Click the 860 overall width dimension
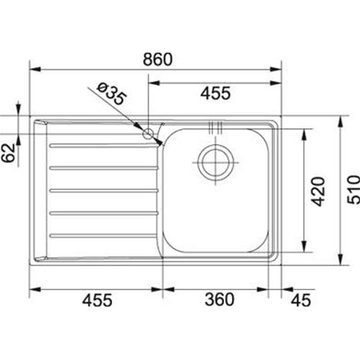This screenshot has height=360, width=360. pyautogui.click(x=158, y=59)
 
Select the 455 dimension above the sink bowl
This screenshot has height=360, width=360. pyautogui.click(x=215, y=93)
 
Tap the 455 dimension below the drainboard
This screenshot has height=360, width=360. pyautogui.click(x=97, y=300)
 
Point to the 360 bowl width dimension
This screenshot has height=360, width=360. pyautogui.click(x=220, y=300)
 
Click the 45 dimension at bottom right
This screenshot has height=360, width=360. pyautogui.click(x=301, y=300)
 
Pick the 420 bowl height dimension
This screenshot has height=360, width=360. pyautogui.click(x=318, y=192)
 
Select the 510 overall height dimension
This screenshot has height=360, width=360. pyautogui.click(x=354, y=189)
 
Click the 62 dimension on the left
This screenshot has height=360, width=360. pyautogui.click(x=8, y=153)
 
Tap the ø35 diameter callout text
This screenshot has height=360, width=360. pyautogui.click(x=112, y=94)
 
